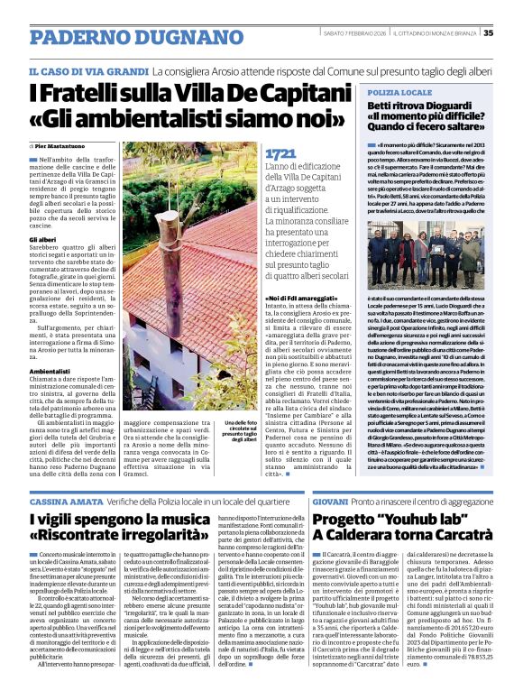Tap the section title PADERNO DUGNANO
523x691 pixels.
[x=106, y=33]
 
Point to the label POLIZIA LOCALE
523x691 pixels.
[x=399, y=93]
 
